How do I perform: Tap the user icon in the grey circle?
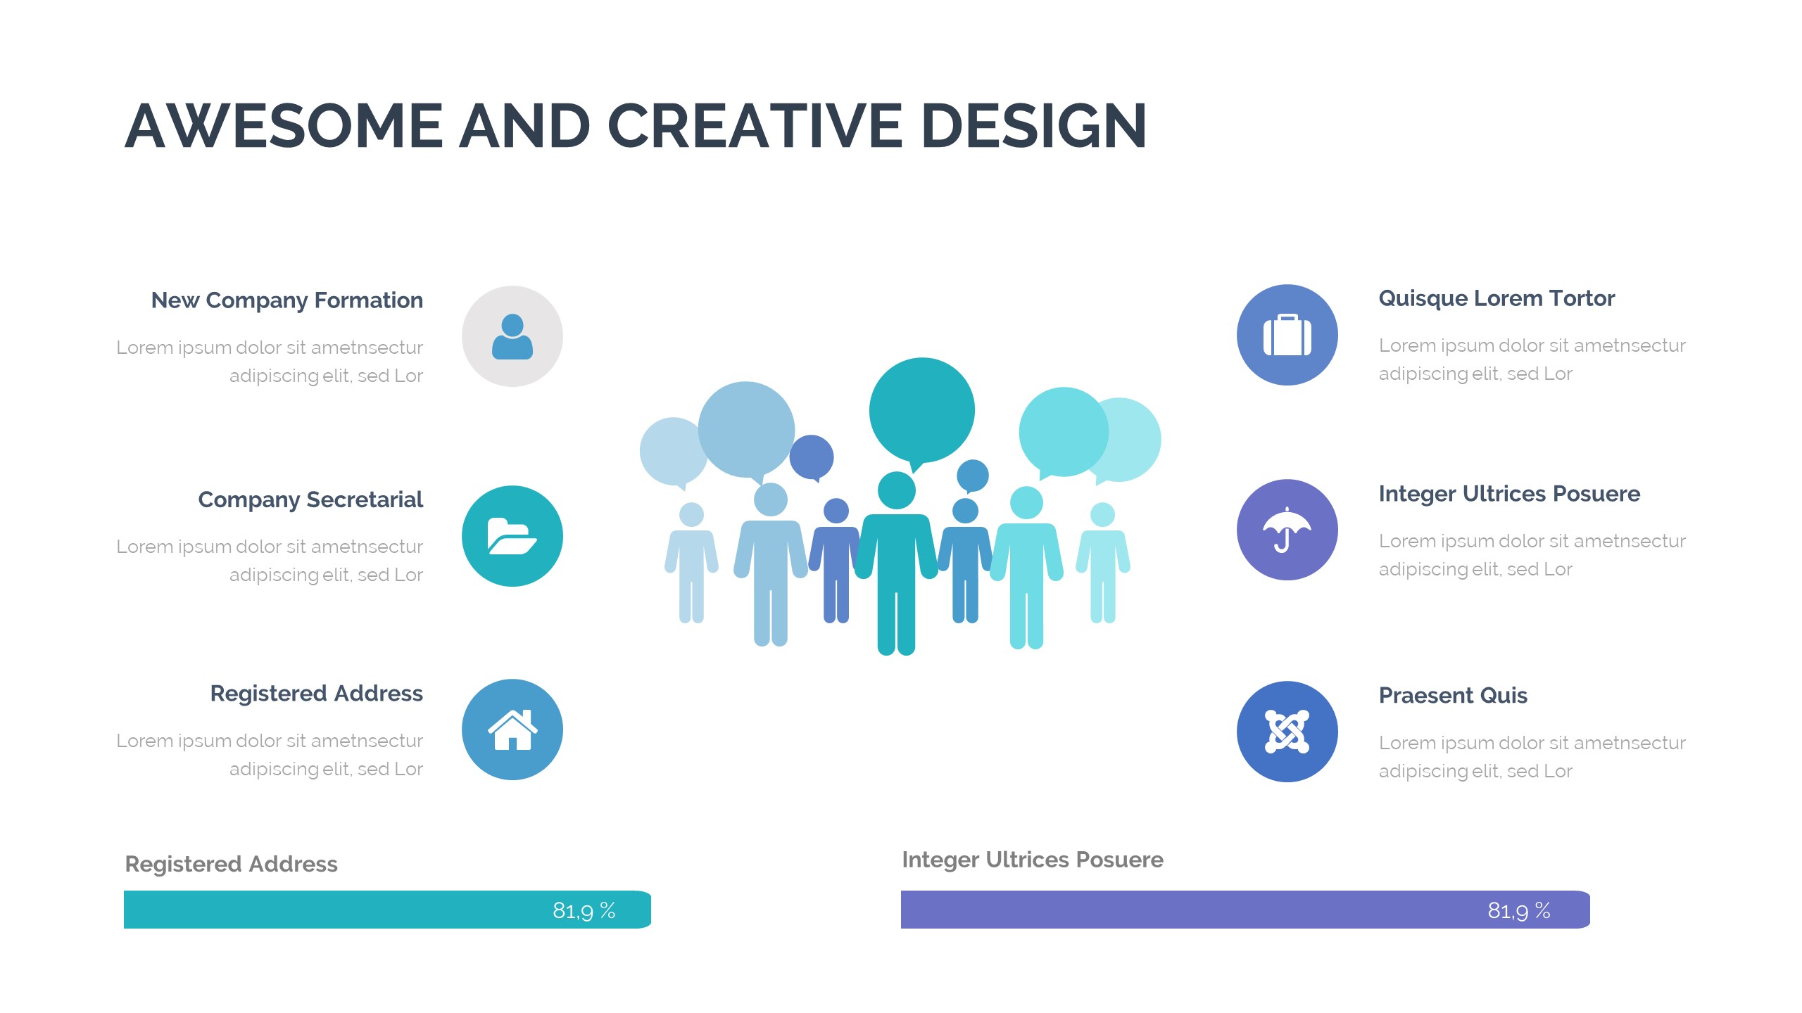(x=512, y=336)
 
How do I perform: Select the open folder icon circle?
(x=512, y=536)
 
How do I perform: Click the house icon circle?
(x=512, y=730)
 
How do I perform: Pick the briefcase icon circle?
(x=1287, y=335)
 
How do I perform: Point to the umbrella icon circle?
(x=1287, y=530)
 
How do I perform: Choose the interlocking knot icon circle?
(x=1287, y=732)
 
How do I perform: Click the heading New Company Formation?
(x=287, y=301)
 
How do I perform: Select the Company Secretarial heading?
(x=310, y=500)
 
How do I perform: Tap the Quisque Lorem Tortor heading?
(x=1497, y=299)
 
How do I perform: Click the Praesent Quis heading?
(x=1453, y=695)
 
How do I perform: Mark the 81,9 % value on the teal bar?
(x=584, y=911)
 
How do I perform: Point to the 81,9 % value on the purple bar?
(x=1519, y=911)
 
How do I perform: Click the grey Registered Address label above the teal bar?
(x=231, y=865)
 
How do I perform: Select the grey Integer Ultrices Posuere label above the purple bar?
(x=1033, y=860)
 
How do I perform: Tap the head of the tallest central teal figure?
(x=897, y=490)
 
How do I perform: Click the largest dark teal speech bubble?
(x=921, y=412)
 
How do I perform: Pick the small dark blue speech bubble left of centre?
(x=812, y=457)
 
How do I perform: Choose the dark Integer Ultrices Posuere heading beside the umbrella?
(x=1509, y=495)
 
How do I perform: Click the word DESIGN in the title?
(x=1034, y=126)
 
